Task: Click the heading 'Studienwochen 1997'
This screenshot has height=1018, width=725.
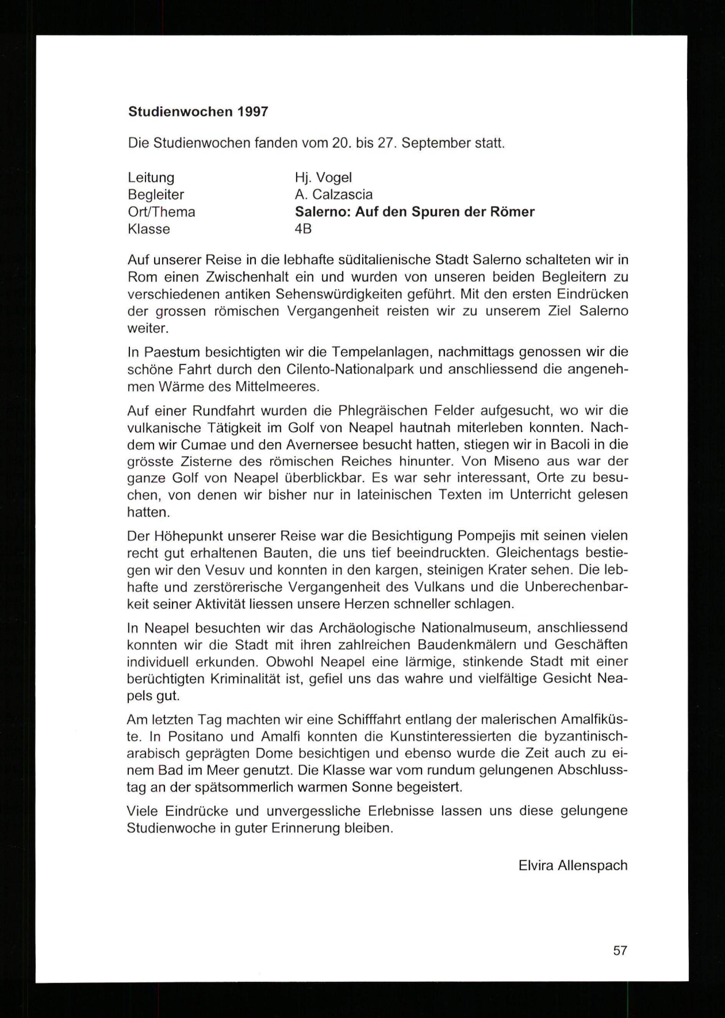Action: pos(198,112)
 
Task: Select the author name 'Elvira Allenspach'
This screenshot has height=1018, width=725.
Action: pos(573,866)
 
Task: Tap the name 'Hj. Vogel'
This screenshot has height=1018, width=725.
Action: pos(323,178)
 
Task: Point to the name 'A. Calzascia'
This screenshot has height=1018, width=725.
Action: pos(333,195)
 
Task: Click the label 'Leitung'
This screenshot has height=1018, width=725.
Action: pos(151,178)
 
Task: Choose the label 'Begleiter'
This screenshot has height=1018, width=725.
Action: pos(156,195)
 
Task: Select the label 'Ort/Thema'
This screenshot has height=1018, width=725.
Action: pos(162,212)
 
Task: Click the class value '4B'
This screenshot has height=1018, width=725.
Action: pos(303,229)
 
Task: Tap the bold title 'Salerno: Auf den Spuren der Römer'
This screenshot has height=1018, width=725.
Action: pos(414,212)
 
